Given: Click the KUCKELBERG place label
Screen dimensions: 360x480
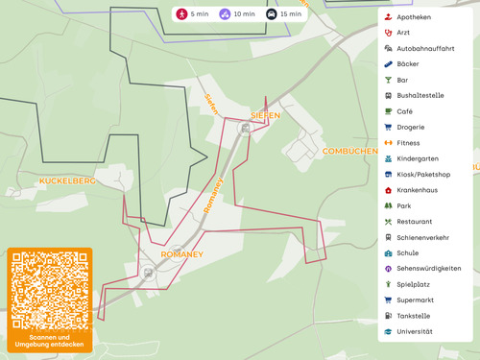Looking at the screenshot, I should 67,180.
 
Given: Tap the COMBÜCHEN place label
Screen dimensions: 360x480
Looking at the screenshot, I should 349,151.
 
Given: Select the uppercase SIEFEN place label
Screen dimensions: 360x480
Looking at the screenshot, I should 265,115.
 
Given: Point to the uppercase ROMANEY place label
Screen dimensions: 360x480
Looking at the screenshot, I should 181,254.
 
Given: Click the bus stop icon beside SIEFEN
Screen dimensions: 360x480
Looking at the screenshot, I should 245,129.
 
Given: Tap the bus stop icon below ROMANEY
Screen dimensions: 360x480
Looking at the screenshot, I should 148,273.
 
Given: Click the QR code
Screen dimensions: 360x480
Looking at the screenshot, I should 49,290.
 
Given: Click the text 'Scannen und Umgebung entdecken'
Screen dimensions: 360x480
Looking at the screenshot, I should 49,341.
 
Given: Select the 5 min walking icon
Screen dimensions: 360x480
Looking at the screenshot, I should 182,14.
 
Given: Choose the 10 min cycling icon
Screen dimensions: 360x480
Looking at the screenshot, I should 225,14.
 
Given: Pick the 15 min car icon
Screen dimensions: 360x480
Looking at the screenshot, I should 272,14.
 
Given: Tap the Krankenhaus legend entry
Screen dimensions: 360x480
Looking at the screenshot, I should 416,190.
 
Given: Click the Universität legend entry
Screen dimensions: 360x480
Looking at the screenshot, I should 414,331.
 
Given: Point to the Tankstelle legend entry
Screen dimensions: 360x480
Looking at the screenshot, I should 413,316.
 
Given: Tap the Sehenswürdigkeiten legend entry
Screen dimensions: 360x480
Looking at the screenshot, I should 428,269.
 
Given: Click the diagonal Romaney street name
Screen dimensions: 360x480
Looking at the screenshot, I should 214,195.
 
